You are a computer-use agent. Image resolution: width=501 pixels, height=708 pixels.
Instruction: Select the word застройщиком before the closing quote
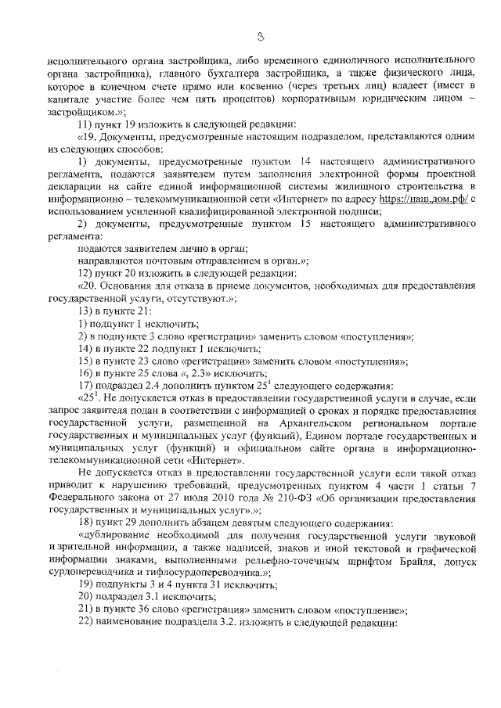click(79, 113)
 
